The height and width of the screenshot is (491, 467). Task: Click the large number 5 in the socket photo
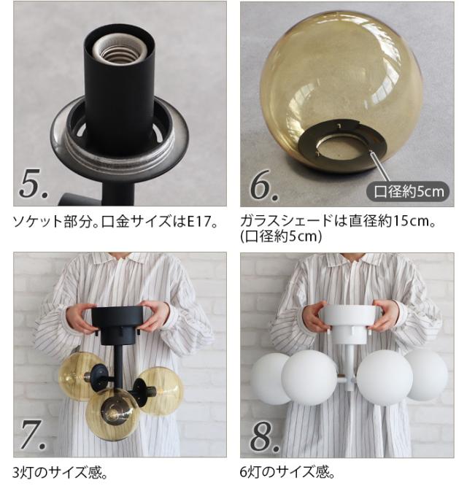coord(31,184)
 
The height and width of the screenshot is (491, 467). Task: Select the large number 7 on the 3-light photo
coord(31,434)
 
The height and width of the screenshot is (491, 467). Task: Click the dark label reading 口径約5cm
coord(409,191)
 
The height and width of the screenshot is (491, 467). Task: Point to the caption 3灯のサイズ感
coord(60,473)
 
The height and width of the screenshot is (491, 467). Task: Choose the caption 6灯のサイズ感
coord(287,472)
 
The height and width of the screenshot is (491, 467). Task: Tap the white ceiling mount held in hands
coord(350,322)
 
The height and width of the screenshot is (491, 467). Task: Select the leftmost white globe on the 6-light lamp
coord(269,379)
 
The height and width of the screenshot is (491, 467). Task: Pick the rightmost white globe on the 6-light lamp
coord(428,375)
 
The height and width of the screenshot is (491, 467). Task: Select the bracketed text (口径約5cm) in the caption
coord(281,236)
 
